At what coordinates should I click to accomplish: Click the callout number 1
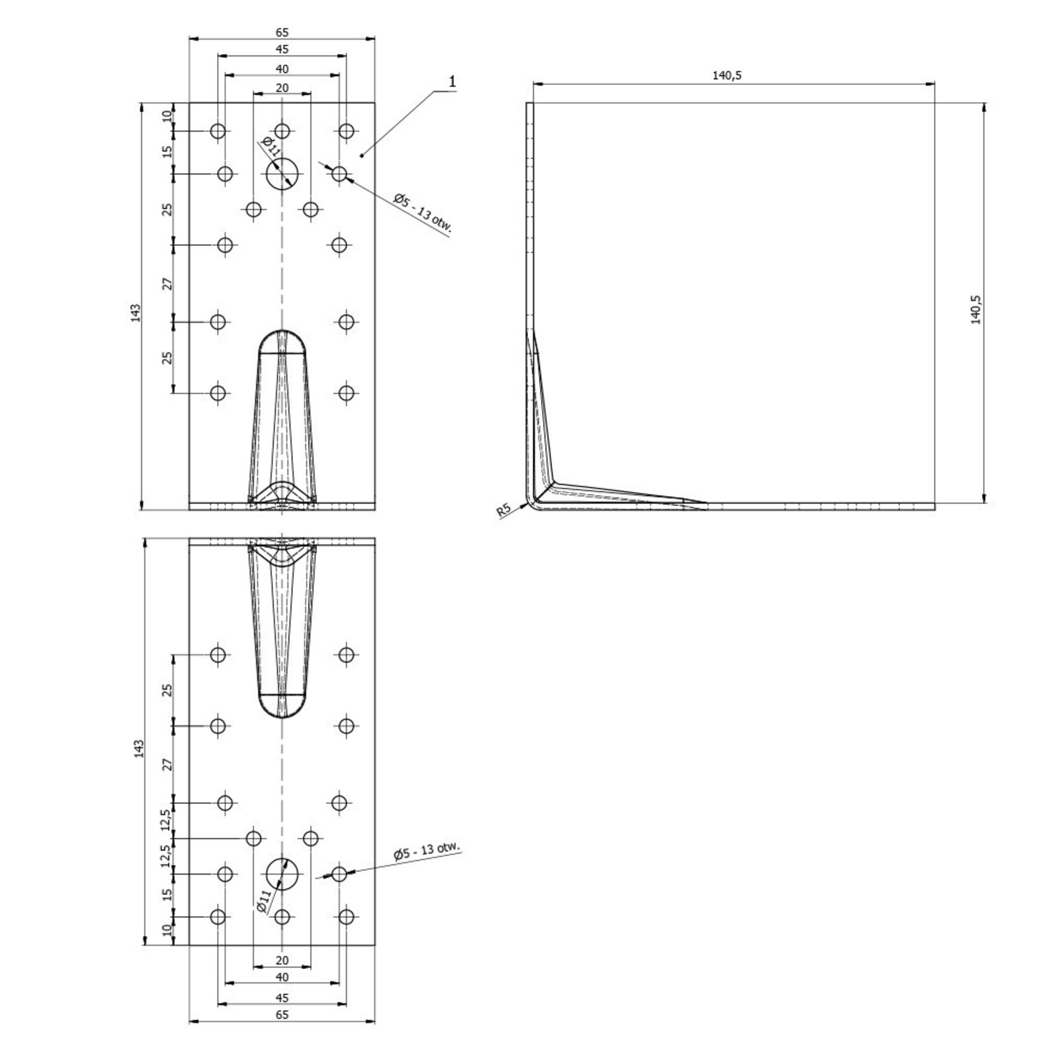[x=452, y=82]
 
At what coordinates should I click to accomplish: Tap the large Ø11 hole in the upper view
[x=282, y=174]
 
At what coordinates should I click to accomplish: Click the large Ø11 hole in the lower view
[x=282, y=874]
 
